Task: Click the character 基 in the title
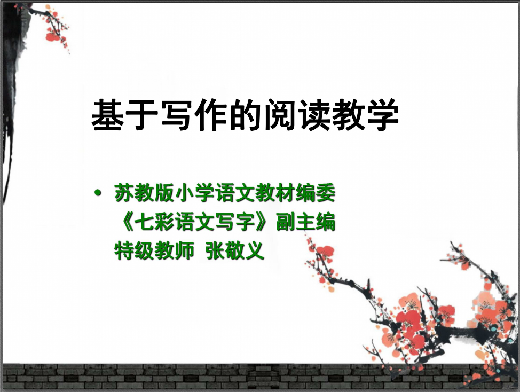coord(108,115)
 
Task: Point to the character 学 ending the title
coord(383,115)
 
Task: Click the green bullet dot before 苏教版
coord(98,192)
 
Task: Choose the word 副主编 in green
coord(305,222)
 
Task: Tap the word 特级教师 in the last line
coord(154,250)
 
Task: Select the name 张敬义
coord(235,250)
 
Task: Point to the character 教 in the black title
coord(348,115)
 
